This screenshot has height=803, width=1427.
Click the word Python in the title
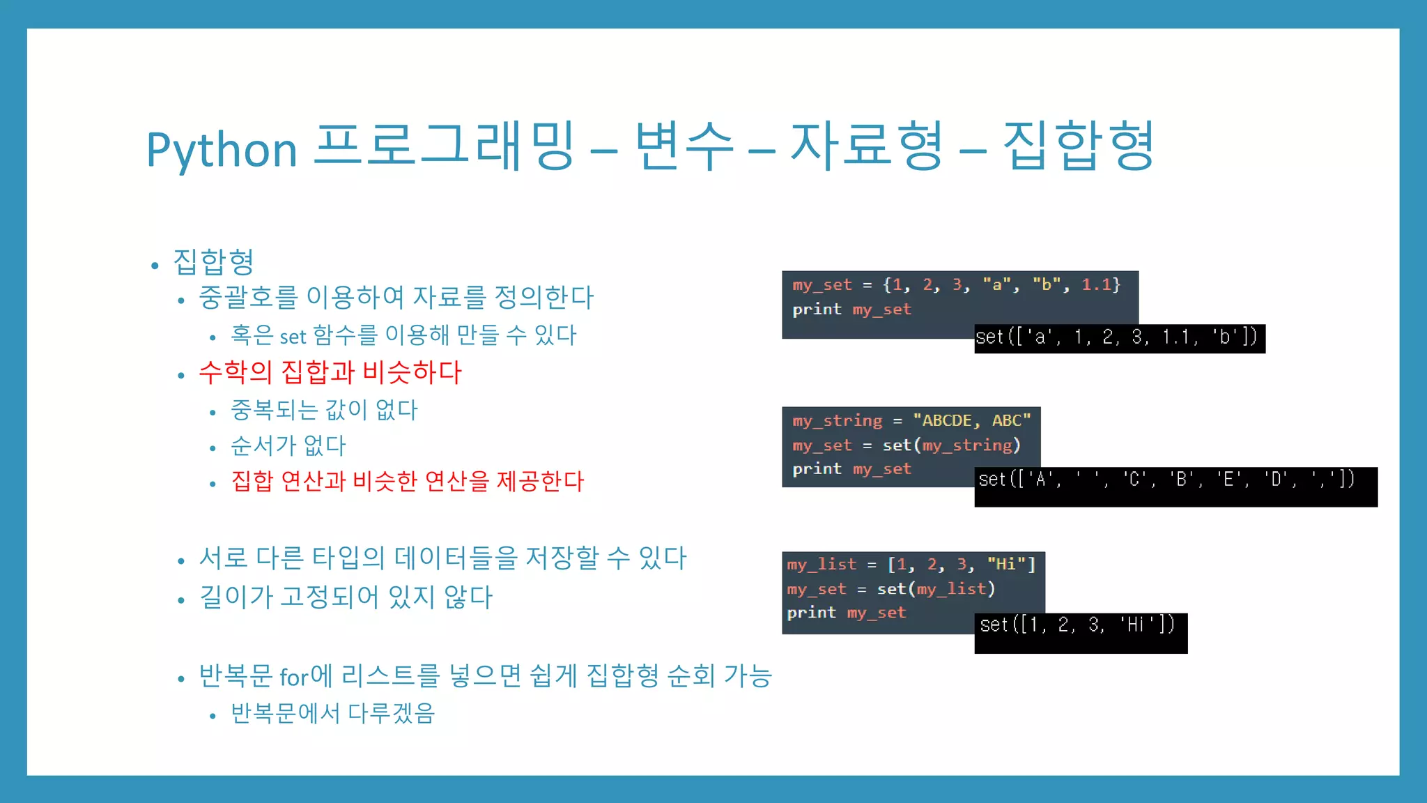(x=222, y=149)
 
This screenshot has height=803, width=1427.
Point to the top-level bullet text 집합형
(x=213, y=262)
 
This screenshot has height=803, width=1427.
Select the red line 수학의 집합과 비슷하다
(x=330, y=372)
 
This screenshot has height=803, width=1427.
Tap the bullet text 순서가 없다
(x=288, y=445)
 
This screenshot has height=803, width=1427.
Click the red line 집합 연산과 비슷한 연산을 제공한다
(x=408, y=481)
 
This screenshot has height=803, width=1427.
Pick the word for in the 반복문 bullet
(x=293, y=677)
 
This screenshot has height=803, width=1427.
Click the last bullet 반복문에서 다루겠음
(x=333, y=713)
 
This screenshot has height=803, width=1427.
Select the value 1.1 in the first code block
(x=1096, y=284)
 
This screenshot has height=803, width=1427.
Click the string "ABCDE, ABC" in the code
(x=971, y=420)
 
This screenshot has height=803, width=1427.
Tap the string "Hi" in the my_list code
(x=1005, y=564)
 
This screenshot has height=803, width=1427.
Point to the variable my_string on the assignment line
(x=837, y=420)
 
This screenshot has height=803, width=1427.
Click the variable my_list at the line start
(x=822, y=564)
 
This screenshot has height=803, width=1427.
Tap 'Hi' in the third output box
(x=1136, y=625)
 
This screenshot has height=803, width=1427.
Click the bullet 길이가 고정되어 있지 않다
(x=346, y=597)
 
